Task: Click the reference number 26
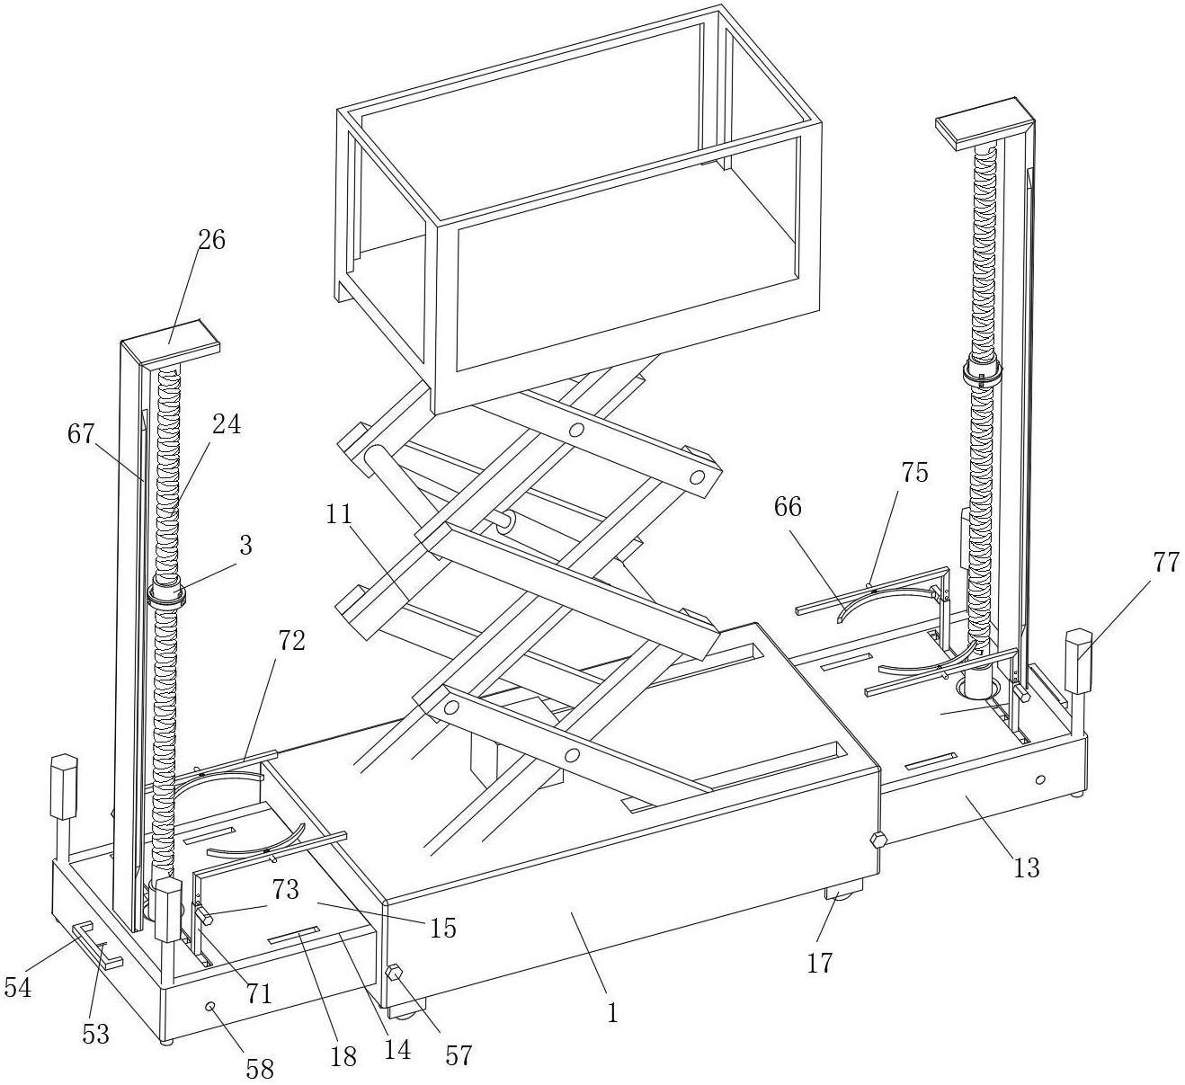tap(213, 240)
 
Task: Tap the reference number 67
tap(81, 434)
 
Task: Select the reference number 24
tap(227, 424)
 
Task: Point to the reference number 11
tap(341, 514)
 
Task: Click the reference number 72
tap(292, 641)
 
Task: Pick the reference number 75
tap(914, 473)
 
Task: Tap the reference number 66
tap(787, 507)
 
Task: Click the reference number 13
tap(1026, 867)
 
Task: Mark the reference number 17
tap(819, 963)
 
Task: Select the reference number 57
tap(459, 1054)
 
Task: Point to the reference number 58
tap(261, 1069)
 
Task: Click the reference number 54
tap(18, 988)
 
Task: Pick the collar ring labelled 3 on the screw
tap(167, 593)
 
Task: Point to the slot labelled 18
tap(293, 937)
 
